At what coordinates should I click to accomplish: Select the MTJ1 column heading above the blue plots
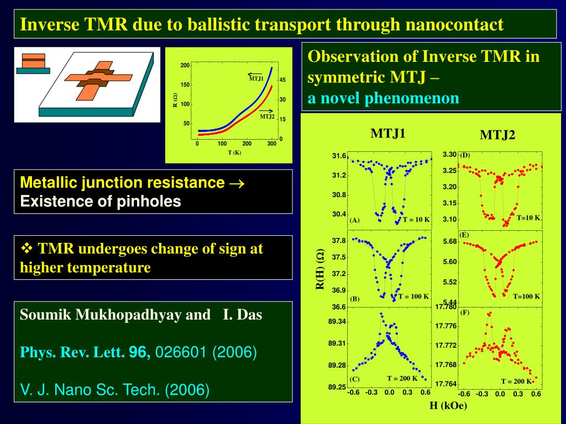click(388, 133)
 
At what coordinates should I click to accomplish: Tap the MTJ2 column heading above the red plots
click(497, 135)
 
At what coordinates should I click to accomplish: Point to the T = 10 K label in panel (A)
click(416, 219)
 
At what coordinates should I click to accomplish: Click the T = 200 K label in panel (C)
click(402, 378)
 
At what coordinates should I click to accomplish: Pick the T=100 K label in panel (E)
click(526, 296)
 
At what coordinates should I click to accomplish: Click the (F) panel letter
click(464, 312)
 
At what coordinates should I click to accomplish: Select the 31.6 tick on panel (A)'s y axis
click(339, 156)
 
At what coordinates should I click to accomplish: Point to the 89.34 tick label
click(337, 321)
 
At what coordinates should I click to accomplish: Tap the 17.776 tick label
click(446, 326)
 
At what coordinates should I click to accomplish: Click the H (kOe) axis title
click(448, 406)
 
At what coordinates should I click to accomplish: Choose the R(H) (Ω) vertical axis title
click(319, 269)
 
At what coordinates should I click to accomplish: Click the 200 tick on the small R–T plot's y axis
click(185, 66)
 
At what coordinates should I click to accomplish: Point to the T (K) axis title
click(234, 153)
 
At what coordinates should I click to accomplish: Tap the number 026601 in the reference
click(181, 352)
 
